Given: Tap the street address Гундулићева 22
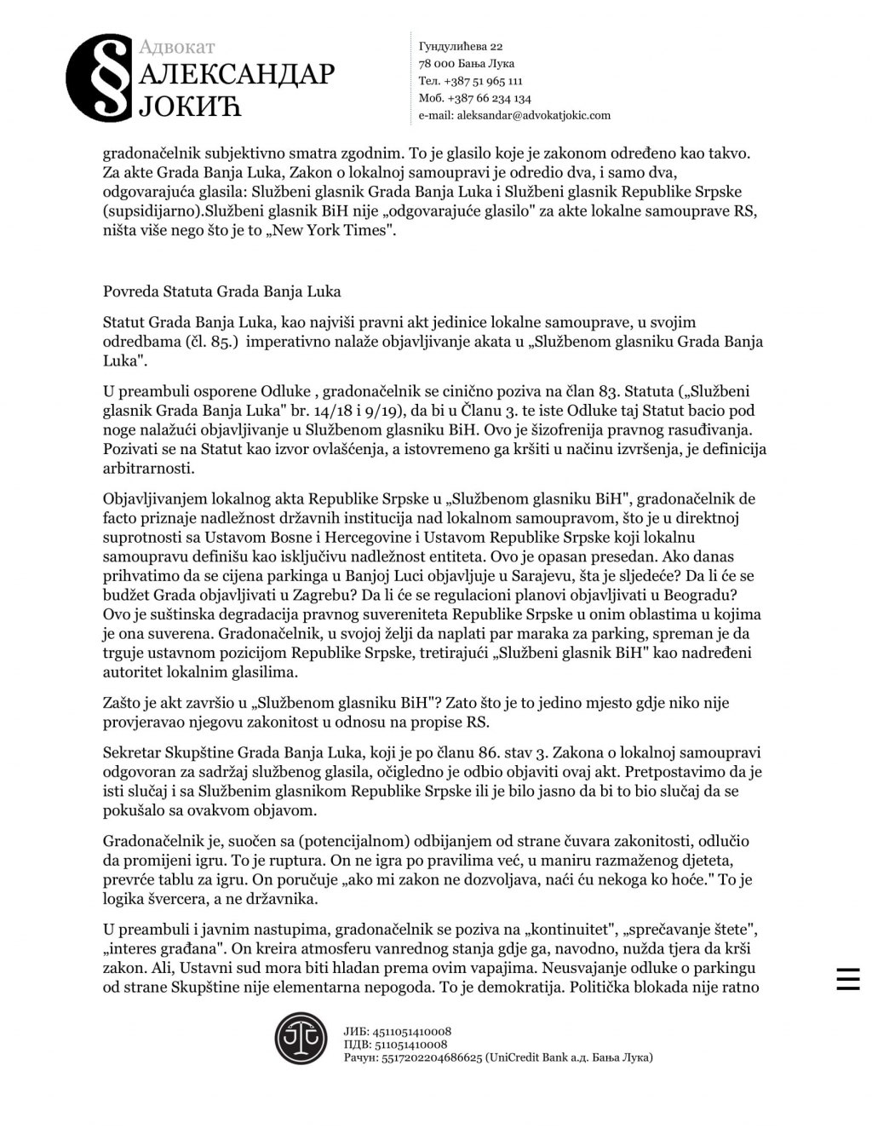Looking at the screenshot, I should (x=461, y=46).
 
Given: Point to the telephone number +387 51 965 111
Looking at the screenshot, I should (x=483, y=81).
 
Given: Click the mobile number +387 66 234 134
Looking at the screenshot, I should (x=488, y=98).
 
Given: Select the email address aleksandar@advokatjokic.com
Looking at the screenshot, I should (x=534, y=115).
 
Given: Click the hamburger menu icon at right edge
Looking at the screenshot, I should (x=847, y=979).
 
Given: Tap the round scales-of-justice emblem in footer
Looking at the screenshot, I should (x=301, y=1038).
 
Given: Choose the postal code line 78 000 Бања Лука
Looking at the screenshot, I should (x=467, y=64).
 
